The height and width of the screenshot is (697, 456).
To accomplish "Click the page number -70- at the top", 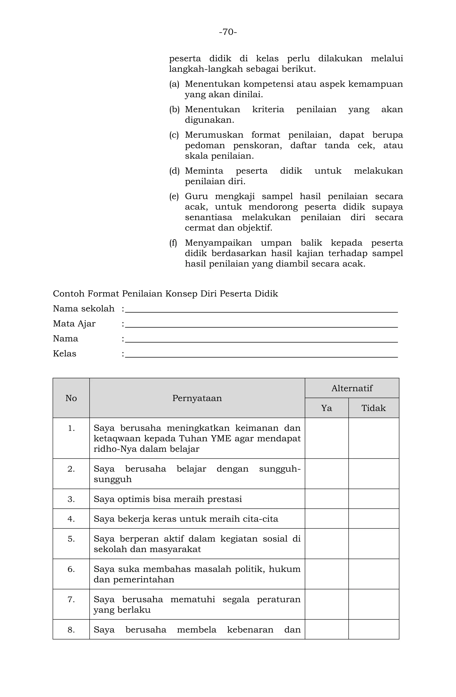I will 228,32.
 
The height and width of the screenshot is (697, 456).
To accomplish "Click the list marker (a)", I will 174,84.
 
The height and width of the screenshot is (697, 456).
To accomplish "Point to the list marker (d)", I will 174,171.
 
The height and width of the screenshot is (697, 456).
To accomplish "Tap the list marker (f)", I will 173,243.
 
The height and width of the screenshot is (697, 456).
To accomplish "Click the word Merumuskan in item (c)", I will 214,135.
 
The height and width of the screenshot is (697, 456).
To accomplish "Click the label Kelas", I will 64,354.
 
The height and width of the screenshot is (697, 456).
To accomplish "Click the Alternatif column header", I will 352,388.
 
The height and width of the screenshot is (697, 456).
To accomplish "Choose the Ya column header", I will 326,408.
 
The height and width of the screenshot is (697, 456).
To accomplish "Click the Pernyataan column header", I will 197,398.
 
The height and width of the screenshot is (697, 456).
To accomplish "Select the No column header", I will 71,398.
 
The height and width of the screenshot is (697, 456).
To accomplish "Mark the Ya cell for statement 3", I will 326,499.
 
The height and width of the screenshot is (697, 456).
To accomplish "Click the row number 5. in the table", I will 71,539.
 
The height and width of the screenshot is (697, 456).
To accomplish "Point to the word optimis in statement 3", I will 131,499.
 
